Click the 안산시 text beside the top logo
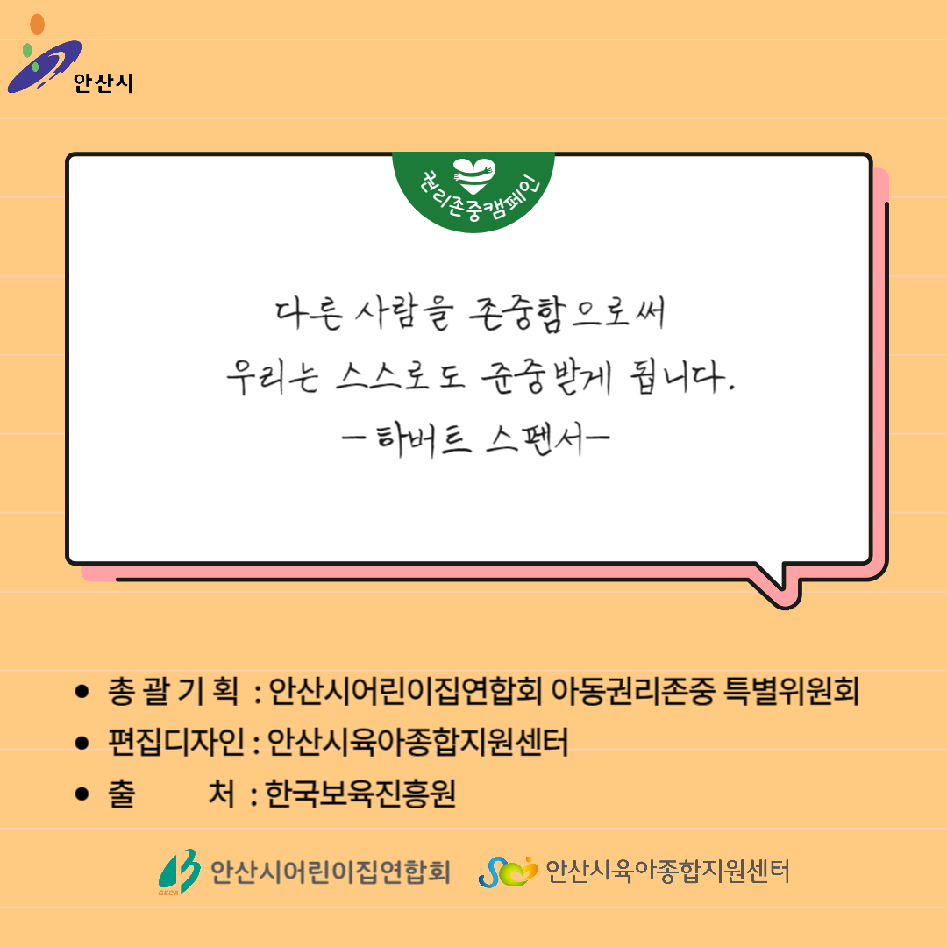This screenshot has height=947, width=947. click(x=103, y=82)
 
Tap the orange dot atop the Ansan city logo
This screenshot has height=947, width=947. click(x=38, y=25)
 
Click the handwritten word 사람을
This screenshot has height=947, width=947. click(x=404, y=314)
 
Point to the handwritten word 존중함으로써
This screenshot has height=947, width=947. click(x=567, y=314)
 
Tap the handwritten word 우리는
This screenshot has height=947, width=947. click(x=273, y=377)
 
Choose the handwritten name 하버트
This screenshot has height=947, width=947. click(x=423, y=438)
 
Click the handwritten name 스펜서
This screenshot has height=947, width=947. click(x=535, y=438)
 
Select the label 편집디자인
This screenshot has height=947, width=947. click(x=175, y=743)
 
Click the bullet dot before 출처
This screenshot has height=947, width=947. click(x=82, y=794)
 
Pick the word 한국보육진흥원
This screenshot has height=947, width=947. click(x=360, y=794)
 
